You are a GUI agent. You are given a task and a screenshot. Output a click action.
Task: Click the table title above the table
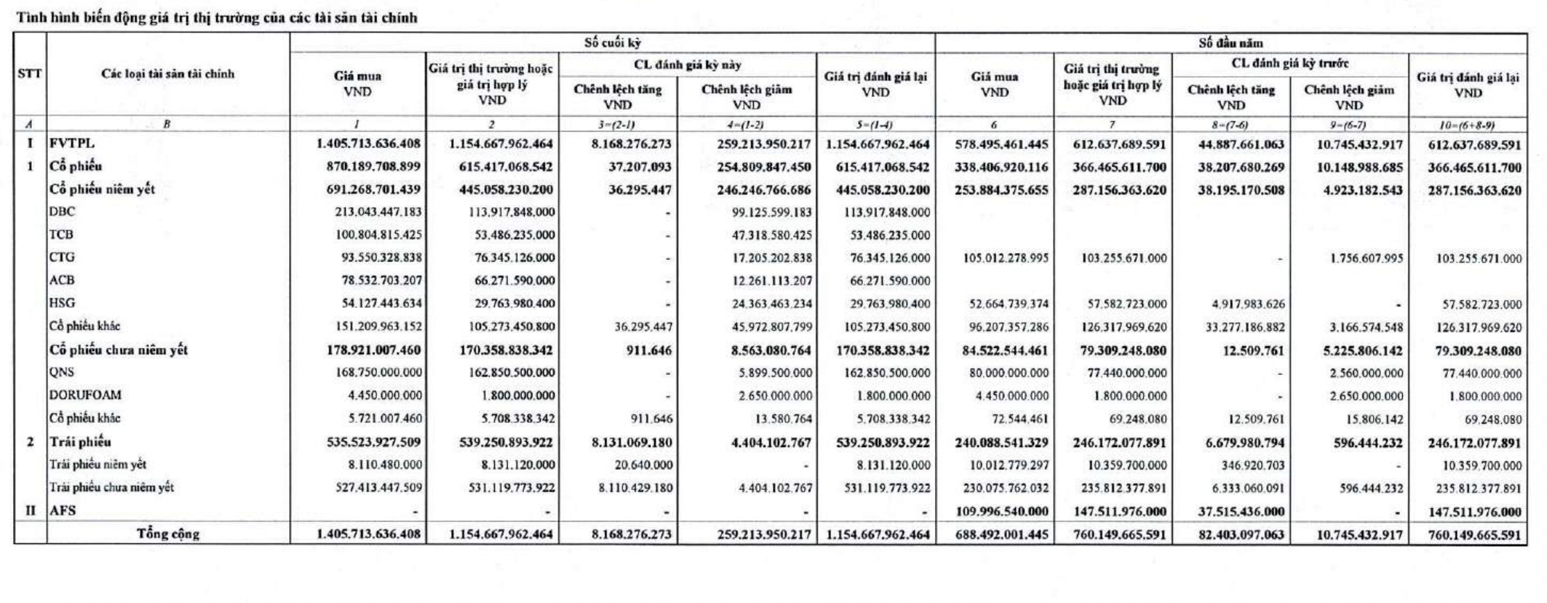216,18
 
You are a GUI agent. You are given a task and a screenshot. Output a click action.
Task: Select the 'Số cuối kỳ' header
612,43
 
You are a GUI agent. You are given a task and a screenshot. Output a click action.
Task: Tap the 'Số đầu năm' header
1230,43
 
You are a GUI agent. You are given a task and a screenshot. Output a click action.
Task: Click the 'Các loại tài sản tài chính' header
168,74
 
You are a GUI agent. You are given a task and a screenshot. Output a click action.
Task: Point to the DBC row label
62,212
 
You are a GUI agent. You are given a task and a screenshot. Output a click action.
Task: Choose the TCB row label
62,235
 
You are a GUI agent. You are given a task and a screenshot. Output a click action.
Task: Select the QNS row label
62,372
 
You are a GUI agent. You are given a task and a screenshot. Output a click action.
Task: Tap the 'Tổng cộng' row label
168,534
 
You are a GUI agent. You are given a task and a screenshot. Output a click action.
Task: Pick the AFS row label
62,511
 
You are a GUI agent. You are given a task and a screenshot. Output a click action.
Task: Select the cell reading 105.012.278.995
1006,259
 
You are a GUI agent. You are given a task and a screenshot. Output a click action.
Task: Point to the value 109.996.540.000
1002,512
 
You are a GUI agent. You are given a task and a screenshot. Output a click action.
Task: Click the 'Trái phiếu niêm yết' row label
98,464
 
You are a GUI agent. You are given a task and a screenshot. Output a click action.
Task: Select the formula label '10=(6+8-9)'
1468,125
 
